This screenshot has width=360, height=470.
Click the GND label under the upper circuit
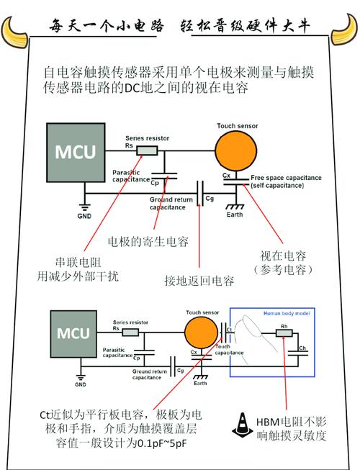(86, 214)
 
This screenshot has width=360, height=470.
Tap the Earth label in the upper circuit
(235, 214)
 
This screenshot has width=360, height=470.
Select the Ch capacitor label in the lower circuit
(302, 348)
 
